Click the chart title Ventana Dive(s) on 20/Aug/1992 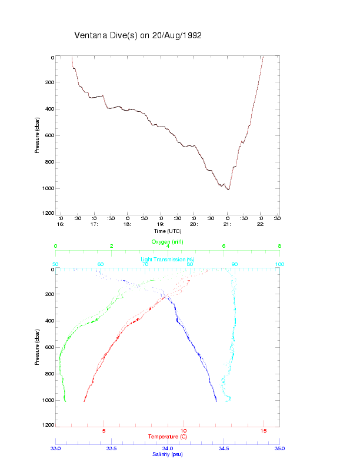138,35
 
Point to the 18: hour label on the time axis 127,224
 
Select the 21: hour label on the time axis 227,224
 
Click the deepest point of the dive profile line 228,190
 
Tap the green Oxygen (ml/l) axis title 168,242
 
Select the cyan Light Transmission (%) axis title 168,260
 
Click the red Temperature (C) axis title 168,437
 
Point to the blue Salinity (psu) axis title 168,454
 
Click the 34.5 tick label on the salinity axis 224,448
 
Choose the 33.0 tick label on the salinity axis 56,448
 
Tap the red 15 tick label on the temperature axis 264,430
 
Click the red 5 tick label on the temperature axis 104,430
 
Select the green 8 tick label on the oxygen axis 279,246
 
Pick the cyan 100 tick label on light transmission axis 279,264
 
